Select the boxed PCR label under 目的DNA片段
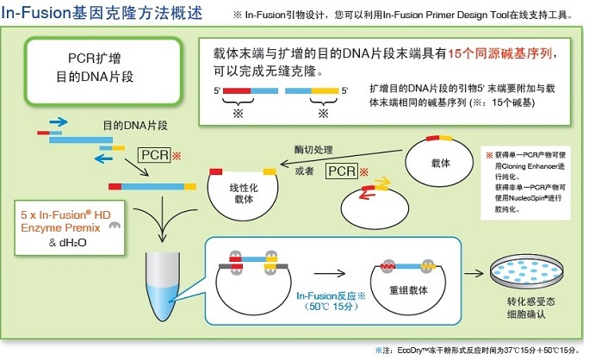156,155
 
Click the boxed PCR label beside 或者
342,172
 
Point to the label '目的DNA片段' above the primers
134,125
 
